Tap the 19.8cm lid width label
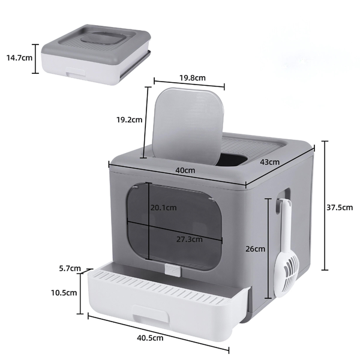tap(192, 78)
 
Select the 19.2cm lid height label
tap(129, 119)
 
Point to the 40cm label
tap(185, 170)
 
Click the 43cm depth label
tap(269, 162)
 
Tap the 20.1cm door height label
tap(163, 208)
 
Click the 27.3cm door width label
tap(189, 238)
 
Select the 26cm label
tap(255, 248)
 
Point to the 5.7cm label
tap(70, 268)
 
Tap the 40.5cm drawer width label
tap(150, 338)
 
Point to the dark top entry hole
tap(231, 159)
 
